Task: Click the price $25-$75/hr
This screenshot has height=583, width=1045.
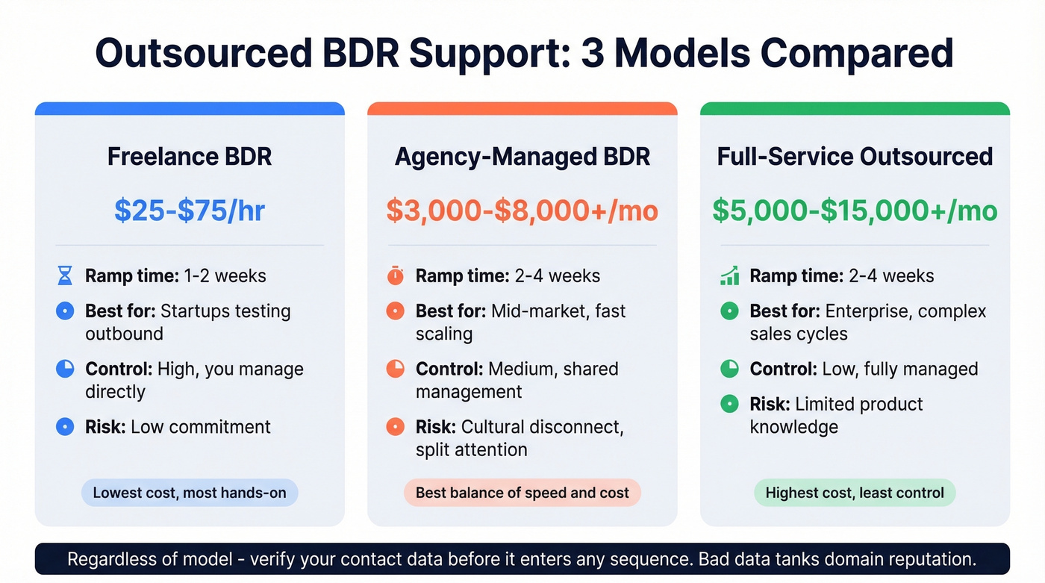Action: click(190, 211)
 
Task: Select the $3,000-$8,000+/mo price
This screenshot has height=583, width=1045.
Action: click(522, 211)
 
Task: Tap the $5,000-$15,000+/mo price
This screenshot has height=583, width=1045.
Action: click(855, 211)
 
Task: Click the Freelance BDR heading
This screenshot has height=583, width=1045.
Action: click(190, 157)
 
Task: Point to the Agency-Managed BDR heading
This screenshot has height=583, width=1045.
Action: click(522, 157)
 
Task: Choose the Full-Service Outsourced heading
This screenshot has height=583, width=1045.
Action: click(855, 157)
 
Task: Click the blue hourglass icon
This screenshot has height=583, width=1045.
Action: click(66, 276)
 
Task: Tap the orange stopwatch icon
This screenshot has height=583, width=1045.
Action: click(396, 276)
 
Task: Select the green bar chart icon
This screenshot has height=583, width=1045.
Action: click(729, 276)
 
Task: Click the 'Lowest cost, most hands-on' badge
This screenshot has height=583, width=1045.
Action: click(190, 493)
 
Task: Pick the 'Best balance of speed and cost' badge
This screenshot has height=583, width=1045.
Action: click(522, 493)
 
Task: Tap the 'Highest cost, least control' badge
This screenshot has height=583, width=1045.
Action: click(855, 493)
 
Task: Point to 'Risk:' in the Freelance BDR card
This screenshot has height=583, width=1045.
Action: click(105, 427)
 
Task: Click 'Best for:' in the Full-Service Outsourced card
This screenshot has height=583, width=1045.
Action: click(784, 311)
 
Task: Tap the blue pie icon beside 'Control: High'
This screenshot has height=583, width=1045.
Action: click(66, 369)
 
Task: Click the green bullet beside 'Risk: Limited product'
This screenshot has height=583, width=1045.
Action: click(729, 405)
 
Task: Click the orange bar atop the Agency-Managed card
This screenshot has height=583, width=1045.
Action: click(522, 109)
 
